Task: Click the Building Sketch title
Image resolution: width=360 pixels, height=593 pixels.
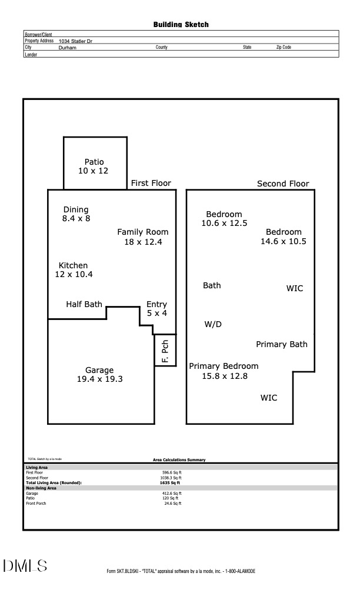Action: click(181, 25)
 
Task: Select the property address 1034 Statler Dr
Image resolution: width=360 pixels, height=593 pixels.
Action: click(75, 41)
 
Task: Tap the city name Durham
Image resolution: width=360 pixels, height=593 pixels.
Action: click(68, 47)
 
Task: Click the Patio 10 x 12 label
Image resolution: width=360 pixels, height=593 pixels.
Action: click(94, 166)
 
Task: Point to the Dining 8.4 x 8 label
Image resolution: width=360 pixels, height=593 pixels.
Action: click(76, 214)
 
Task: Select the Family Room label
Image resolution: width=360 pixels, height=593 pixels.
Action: click(142, 236)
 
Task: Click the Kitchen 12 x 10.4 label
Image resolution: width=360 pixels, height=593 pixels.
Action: click(74, 270)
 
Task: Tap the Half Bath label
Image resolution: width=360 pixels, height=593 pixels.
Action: click(84, 304)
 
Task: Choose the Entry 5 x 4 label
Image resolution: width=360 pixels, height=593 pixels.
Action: click(156, 309)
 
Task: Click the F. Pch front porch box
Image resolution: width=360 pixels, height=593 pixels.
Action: click(165, 350)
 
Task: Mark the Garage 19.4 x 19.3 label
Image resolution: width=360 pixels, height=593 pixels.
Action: click(99, 375)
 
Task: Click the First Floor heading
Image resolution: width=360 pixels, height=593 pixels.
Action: click(151, 183)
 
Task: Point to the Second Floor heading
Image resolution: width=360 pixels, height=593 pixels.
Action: click(283, 184)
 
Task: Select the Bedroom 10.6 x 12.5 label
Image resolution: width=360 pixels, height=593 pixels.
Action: click(224, 219)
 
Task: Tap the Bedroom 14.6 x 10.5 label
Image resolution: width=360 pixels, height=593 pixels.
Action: click(284, 236)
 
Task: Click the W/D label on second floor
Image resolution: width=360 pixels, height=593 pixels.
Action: click(213, 324)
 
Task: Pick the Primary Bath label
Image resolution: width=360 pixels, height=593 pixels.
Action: click(281, 344)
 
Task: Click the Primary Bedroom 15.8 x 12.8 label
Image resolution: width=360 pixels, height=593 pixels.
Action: click(224, 371)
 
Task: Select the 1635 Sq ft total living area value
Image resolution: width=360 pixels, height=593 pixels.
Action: click(171, 482)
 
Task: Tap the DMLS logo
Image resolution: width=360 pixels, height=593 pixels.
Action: click(25, 566)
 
